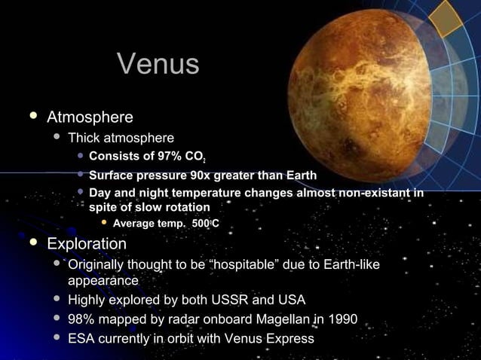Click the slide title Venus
pos(158,65)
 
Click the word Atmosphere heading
pos(90,117)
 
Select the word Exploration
pos(87,244)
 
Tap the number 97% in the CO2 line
pos(161,157)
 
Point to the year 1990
pos(342,319)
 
